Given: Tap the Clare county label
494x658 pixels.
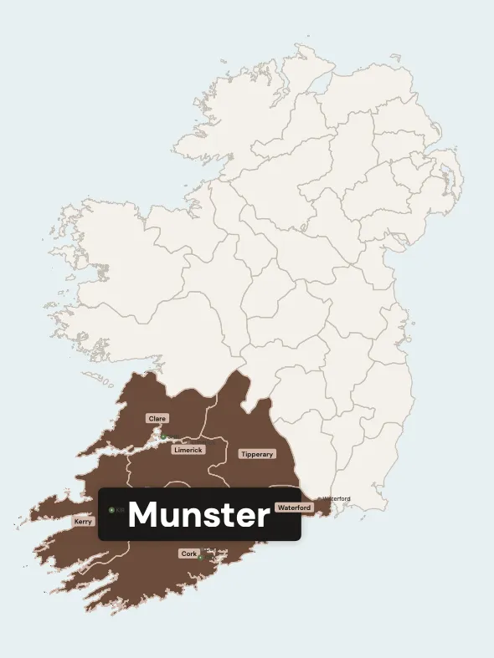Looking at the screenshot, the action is click(x=157, y=418).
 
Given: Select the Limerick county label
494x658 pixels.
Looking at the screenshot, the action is click(x=188, y=450).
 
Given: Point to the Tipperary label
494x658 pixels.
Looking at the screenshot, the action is click(x=256, y=454).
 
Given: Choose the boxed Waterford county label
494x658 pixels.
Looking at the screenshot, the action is click(x=294, y=508).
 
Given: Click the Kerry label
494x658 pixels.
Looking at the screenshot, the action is click(x=84, y=521).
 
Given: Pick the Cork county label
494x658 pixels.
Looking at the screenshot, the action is click(x=189, y=553).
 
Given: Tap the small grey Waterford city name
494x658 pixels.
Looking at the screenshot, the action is click(x=336, y=499).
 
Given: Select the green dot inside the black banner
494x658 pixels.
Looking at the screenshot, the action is click(x=111, y=510).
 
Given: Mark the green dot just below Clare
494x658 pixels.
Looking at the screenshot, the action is click(x=163, y=436).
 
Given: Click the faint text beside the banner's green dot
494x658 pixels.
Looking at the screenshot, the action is click(x=121, y=510).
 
